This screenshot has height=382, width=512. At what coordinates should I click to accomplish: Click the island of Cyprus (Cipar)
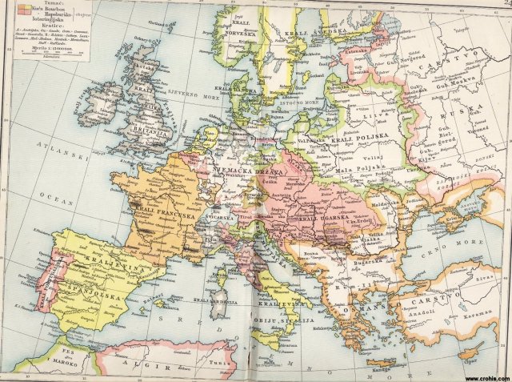pos(474,352)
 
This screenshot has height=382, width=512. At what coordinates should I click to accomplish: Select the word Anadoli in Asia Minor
pos(432,313)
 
